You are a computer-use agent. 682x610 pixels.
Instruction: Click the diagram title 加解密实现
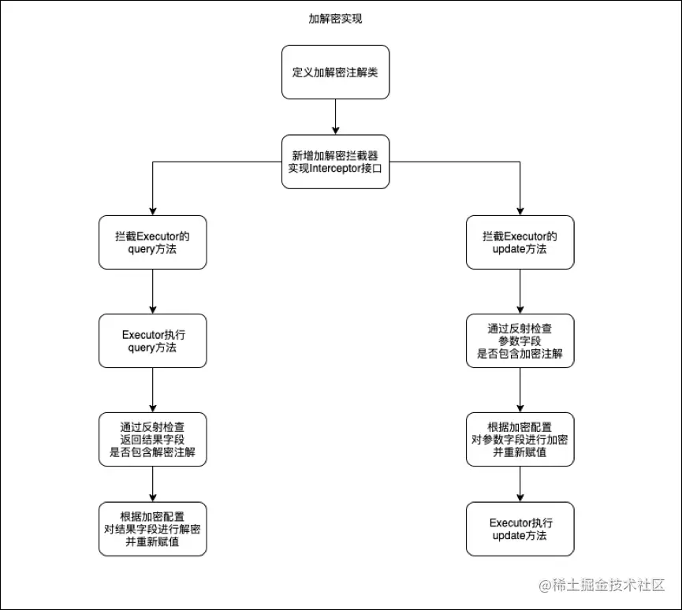(x=335, y=19)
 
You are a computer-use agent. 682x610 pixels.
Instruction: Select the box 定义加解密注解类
(x=335, y=72)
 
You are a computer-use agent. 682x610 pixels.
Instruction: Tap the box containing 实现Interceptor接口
(x=335, y=162)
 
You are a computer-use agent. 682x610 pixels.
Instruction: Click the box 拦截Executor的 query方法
(x=152, y=242)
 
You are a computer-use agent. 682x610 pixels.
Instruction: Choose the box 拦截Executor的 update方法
(x=520, y=242)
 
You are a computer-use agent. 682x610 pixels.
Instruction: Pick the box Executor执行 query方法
(x=152, y=340)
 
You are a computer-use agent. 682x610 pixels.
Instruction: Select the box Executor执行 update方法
(x=520, y=529)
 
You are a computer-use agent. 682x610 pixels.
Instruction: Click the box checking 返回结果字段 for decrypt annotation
(x=152, y=439)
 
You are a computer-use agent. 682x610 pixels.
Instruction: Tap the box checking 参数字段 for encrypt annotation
(x=520, y=340)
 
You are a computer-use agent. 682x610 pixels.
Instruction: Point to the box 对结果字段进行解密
(x=152, y=529)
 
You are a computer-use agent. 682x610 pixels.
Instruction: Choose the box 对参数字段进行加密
(x=520, y=439)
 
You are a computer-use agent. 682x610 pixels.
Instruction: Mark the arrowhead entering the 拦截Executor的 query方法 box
(x=152, y=210)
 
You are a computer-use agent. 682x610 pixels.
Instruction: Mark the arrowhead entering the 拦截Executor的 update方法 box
(x=520, y=210)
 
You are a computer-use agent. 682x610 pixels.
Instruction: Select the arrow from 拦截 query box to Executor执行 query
(x=152, y=291)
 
